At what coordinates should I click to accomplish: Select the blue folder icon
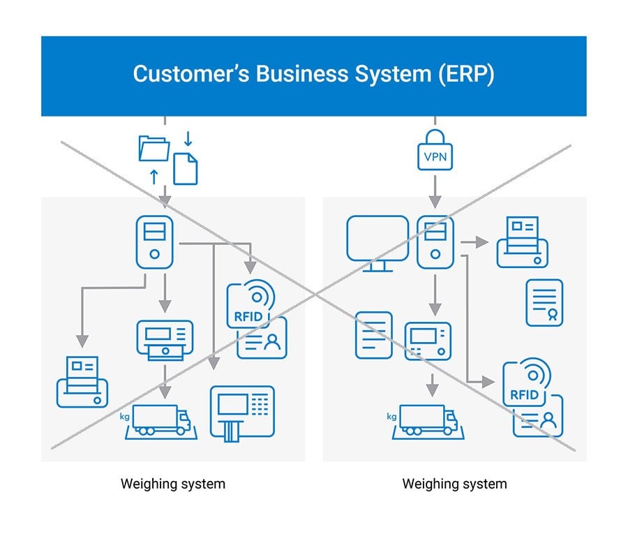(x=154, y=148)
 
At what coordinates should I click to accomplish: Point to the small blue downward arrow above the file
(x=188, y=138)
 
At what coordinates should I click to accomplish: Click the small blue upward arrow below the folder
(x=154, y=176)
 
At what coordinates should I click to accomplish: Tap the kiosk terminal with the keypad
(x=242, y=413)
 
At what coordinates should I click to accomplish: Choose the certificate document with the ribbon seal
(x=544, y=302)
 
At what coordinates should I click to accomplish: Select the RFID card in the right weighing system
(x=534, y=397)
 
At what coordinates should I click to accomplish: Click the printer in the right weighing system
(x=522, y=242)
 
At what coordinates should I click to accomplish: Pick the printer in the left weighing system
(x=82, y=382)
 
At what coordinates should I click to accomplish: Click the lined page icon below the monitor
(x=373, y=335)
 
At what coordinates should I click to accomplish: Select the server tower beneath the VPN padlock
(x=435, y=242)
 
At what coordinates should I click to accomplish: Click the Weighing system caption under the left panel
(x=173, y=483)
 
